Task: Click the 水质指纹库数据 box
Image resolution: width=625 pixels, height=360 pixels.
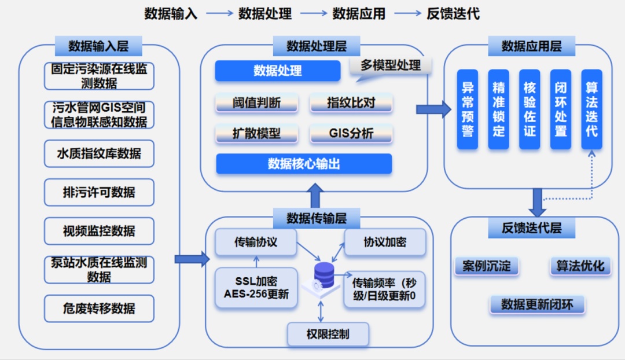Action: point(99,153)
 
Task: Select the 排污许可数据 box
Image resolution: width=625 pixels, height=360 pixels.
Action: point(99,192)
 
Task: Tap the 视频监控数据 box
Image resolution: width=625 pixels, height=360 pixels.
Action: point(99,231)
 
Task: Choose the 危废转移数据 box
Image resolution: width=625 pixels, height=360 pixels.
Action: point(99,308)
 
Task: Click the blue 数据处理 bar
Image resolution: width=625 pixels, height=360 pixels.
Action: point(277,71)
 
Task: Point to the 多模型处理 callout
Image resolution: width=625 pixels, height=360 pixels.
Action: point(391,65)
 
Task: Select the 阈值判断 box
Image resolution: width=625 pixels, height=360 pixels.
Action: point(256,103)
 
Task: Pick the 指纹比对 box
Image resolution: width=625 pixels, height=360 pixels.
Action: point(351,103)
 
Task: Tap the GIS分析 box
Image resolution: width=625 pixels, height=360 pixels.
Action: point(351,134)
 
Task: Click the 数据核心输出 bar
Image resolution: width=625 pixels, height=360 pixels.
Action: point(304,164)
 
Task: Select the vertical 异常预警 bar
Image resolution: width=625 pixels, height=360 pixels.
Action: point(468,109)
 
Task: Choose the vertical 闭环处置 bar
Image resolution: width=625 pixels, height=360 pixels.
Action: point(560,109)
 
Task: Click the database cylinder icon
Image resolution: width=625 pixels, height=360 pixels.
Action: point(323,276)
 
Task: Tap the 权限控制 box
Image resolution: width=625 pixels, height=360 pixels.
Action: point(328,334)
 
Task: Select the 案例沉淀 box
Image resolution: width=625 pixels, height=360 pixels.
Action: point(487,266)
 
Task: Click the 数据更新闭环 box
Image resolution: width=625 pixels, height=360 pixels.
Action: point(537,304)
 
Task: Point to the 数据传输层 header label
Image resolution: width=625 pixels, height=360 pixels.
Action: point(317,218)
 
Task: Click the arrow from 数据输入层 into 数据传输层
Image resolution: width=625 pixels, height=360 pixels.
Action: point(192,259)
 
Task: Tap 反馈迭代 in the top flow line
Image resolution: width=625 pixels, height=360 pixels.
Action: point(453,13)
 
